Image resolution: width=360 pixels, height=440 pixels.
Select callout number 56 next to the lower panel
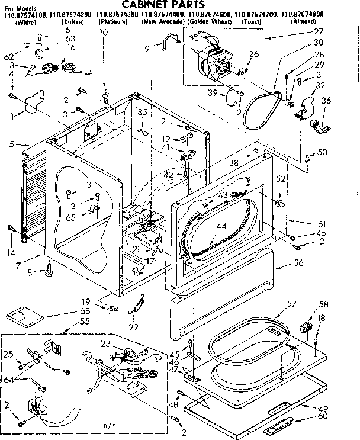pyautogui.click(x=298, y=262)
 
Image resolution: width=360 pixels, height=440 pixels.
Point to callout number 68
pyautogui.click(x=85, y=311)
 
